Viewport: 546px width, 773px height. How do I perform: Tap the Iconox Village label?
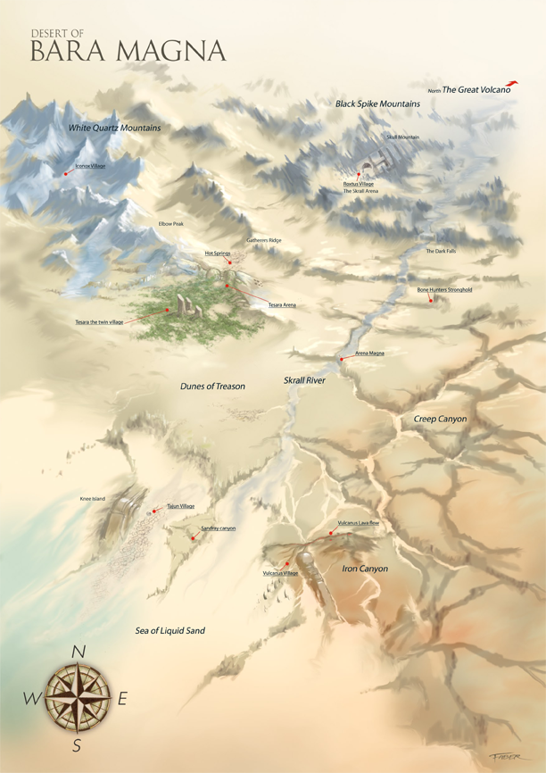point(90,165)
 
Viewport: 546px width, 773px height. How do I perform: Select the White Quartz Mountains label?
point(115,129)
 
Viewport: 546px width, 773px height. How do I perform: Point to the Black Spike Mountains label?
point(377,104)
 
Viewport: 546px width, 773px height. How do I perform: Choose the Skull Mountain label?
point(402,137)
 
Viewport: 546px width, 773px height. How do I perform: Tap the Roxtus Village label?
point(358,184)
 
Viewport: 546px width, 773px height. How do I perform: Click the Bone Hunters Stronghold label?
point(444,290)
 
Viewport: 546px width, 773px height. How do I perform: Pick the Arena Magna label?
point(369,353)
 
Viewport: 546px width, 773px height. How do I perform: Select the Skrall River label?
point(304,380)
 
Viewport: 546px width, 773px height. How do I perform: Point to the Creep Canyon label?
point(440,419)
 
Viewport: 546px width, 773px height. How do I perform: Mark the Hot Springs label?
point(218,254)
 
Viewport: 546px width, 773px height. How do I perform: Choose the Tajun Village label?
point(180,506)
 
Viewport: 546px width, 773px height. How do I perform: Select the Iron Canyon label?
point(365,568)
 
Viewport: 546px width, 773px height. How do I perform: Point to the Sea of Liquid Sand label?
point(170,630)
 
